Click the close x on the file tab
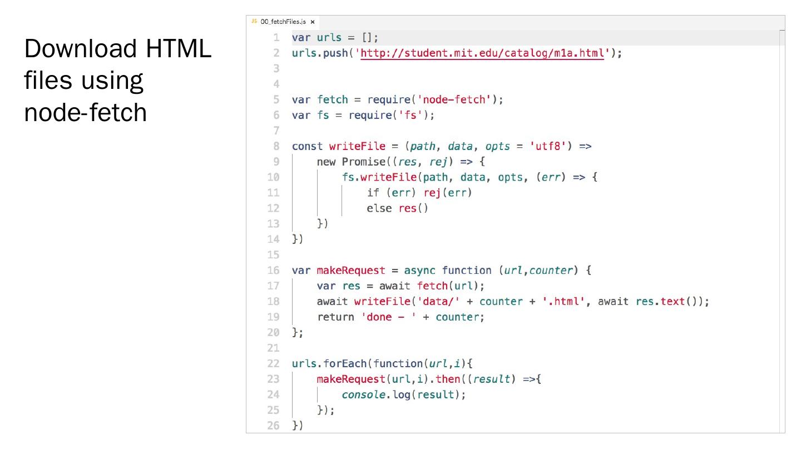(x=313, y=22)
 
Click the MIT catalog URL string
(x=482, y=53)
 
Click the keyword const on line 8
(x=307, y=147)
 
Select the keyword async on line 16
(x=420, y=271)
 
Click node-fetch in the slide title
(x=85, y=112)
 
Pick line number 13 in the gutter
(x=273, y=224)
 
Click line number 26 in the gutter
(x=273, y=426)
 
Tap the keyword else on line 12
(x=379, y=209)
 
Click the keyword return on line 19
(x=335, y=317)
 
